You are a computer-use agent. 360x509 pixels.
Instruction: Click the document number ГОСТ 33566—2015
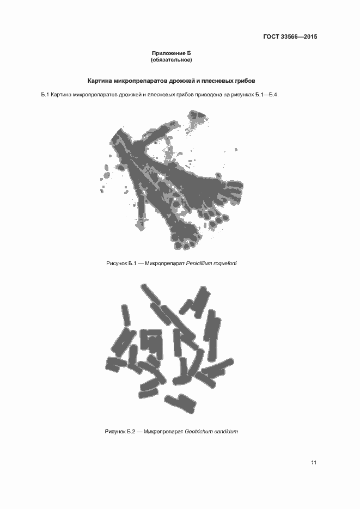point(290,37)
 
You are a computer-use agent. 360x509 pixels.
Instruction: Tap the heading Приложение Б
point(172,53)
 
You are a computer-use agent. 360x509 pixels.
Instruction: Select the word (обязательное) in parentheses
point(172,59)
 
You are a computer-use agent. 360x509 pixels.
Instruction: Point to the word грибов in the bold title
point(243,81)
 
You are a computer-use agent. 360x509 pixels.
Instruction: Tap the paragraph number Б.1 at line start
point(45,96)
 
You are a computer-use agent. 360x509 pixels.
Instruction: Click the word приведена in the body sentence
point(210,96)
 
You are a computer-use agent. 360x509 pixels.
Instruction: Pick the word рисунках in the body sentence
point(242,96)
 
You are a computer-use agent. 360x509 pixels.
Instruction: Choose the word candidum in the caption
point(226,432)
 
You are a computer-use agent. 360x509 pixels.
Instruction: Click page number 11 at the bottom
point(314,463)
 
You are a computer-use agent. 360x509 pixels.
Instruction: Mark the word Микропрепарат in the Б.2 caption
point(162,432)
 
